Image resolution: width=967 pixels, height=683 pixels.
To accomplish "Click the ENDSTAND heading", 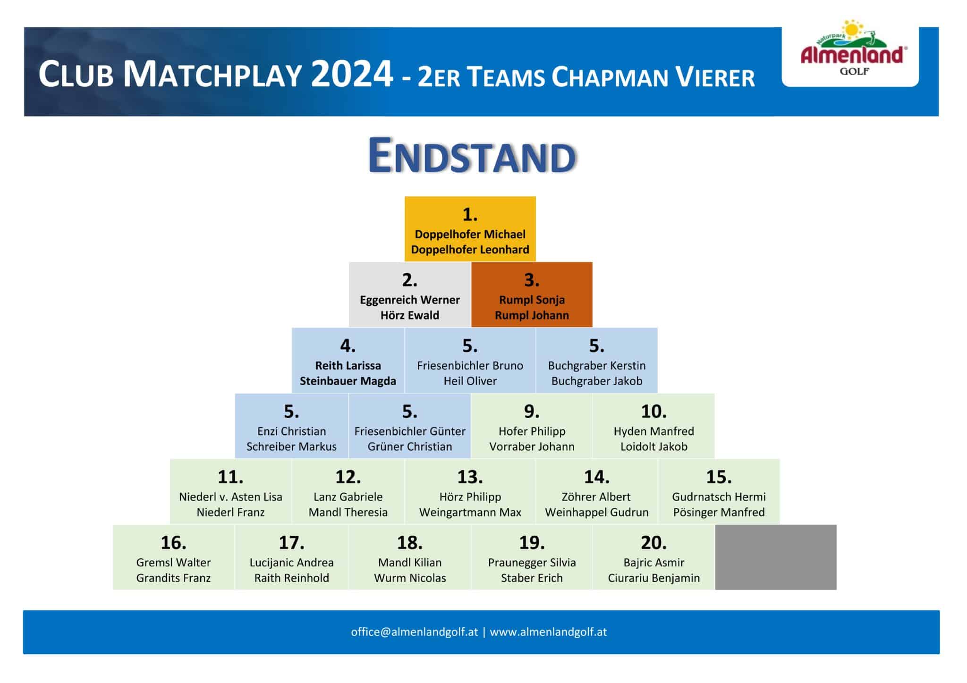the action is click(472, 156).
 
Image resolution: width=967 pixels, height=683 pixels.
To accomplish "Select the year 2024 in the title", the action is click(352, 74).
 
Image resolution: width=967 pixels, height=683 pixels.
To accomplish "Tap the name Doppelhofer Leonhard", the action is click(470, 250).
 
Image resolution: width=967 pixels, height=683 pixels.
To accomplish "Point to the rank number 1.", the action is click(470, 215).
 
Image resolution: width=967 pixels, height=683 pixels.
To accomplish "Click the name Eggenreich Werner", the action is click(410, 300).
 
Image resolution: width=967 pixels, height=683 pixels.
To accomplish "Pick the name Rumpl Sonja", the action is click(532, 300).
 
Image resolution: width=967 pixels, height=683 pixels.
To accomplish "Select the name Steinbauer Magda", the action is click(348, 381).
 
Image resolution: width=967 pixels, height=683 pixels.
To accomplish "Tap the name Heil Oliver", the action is click(470, 381).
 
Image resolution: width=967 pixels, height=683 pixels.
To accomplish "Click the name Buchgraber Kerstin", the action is click(597, 366).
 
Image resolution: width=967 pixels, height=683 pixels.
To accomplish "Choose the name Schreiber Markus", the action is click(291, 447).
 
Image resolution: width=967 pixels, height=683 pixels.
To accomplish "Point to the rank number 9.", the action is click(532, 412).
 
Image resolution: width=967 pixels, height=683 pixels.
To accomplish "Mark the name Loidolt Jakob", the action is click(654, 447).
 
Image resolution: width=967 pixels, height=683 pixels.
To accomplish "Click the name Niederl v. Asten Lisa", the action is click(230, 497).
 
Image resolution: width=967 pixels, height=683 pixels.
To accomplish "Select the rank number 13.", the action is click(470, 477).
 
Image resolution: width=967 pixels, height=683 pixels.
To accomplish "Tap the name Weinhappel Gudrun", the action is click(597, 513).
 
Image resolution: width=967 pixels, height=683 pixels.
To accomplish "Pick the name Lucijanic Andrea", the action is click(291, 563).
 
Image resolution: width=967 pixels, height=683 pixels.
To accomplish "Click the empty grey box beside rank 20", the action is click(776, 557).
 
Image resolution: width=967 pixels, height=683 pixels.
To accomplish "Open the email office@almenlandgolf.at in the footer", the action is click(415, 632).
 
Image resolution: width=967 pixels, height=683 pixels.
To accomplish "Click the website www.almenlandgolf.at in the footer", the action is click(548, 632).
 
